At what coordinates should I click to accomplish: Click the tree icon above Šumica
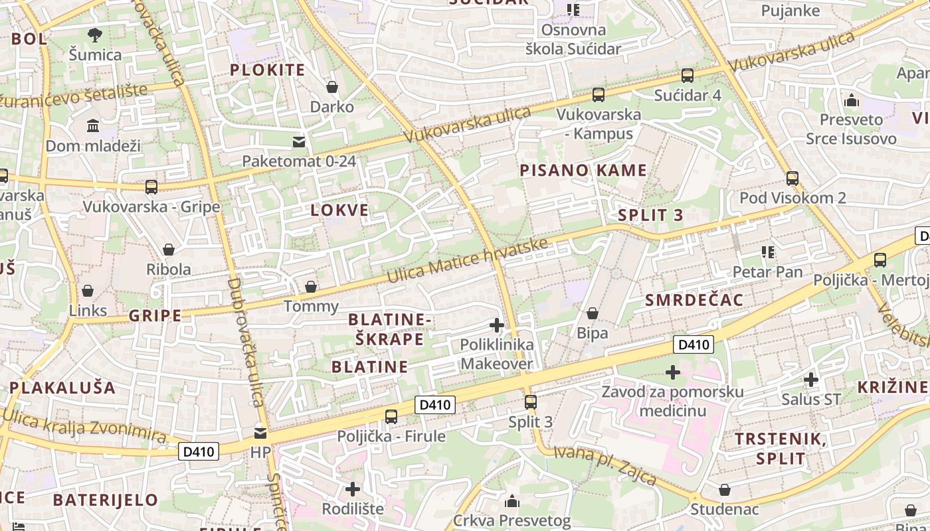click(x=95, y=35)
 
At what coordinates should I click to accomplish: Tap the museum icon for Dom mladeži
click(x=93, y=125)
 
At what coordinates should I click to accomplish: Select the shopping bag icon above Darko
click(x=332, y=87)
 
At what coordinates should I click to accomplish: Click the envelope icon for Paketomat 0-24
click(x=299, y=141)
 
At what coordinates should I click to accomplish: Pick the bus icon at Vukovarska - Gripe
click(x=151, y=187)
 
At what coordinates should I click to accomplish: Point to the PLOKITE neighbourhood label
click(x=267, y=70)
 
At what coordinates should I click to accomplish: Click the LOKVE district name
click(x=339, y=210)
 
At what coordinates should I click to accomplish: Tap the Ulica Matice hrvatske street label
click(x=468, y=260)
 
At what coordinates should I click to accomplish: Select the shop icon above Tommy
click(x=311, y=287)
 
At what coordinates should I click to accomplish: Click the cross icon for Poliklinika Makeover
click(x=496, y=325)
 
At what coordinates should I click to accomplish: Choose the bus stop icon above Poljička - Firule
click(x=391, y=417)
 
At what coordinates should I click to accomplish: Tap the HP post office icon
click(x=260, y=433)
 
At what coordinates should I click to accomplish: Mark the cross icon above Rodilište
click(x=353, y=489)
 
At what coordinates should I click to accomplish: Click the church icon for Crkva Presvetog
click(x=512, y=500)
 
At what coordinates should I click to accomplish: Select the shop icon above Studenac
click(x=725, y=490)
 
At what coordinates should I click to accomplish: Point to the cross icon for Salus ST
click(x=811, y=380)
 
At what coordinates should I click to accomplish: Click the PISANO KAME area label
click(x=583, y=171)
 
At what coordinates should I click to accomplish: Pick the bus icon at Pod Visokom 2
click(x=792, y=178)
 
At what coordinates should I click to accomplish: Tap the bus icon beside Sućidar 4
click(x=688, y=76)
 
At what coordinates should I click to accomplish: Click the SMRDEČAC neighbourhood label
click(x=694, y=300)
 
